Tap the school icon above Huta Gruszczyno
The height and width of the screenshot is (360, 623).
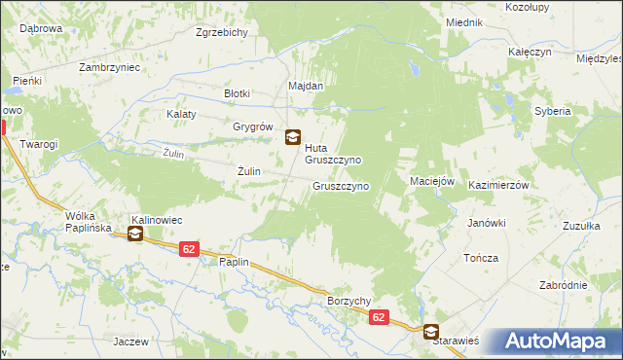292,137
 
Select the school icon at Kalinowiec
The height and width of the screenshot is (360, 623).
135,234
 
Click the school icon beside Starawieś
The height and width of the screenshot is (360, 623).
430,331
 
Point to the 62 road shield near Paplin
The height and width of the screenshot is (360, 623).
190,249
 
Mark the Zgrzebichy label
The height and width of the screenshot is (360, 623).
222,32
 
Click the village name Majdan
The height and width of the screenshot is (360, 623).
305,86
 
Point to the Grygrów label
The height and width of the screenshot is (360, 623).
251,126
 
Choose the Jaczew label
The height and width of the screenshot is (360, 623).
129,342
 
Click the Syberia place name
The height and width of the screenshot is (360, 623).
552,111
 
